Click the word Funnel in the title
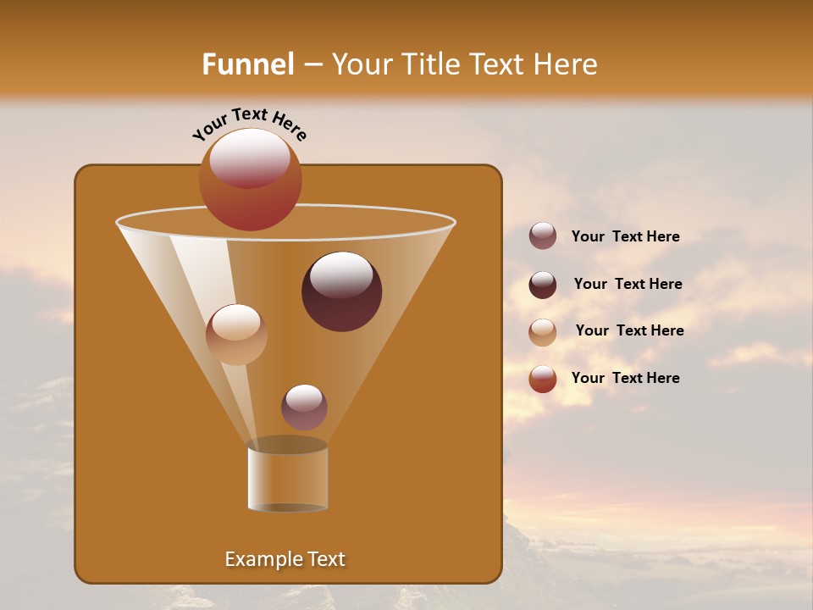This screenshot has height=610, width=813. pos(247,64)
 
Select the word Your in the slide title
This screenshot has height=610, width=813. pos(365,64)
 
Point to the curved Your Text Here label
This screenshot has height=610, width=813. pos(250,124)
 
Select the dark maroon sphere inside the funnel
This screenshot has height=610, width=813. pos(341,291)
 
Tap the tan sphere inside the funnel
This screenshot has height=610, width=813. pos(236,335)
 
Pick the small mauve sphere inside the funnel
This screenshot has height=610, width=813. pos(304,408)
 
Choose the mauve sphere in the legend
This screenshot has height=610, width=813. pos(543,236)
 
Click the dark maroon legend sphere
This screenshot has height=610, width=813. pos(543,285)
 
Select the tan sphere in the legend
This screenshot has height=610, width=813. pos(543,332)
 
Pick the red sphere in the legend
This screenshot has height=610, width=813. pos(543,379)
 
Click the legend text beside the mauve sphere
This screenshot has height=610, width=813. pos(625,236)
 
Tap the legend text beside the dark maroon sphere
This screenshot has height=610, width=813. pos(628,284)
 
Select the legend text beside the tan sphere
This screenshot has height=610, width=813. pos(629,330)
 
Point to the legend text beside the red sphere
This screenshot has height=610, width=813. pos(625,378)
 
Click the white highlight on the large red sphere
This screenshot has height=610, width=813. pos(250,157)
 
